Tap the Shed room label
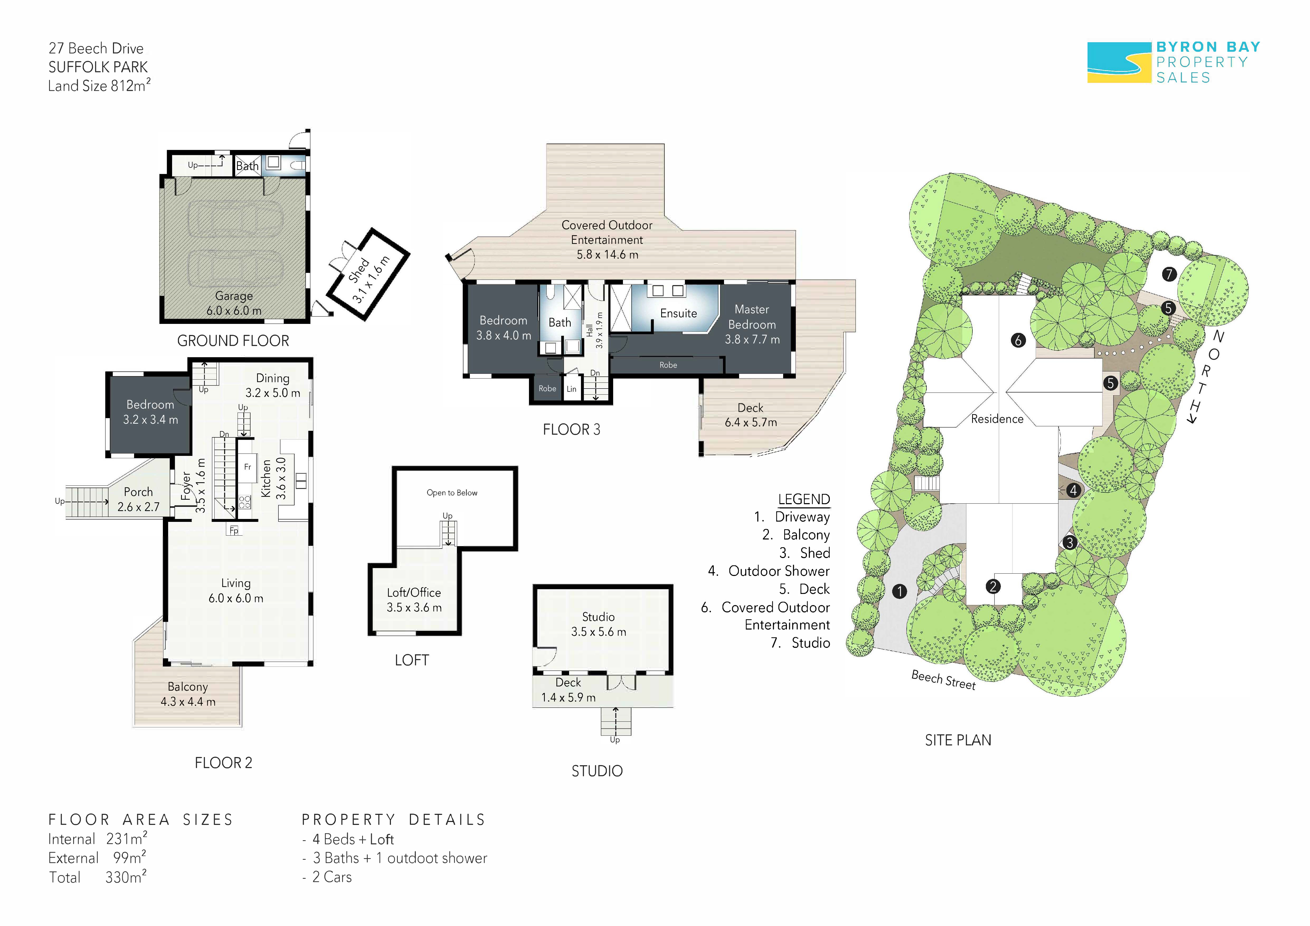coord(359,270)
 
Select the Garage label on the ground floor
coord(234,296)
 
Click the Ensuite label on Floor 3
coord(678,313)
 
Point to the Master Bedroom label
coord(752,317)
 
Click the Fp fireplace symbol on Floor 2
coord(234,531)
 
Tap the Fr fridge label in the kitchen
coord(248,467)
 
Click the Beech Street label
coord(944,679)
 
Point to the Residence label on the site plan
coord(997,419)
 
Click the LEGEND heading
coord(804,499)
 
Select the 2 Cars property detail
coord(332,877)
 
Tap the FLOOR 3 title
coord(572,430)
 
